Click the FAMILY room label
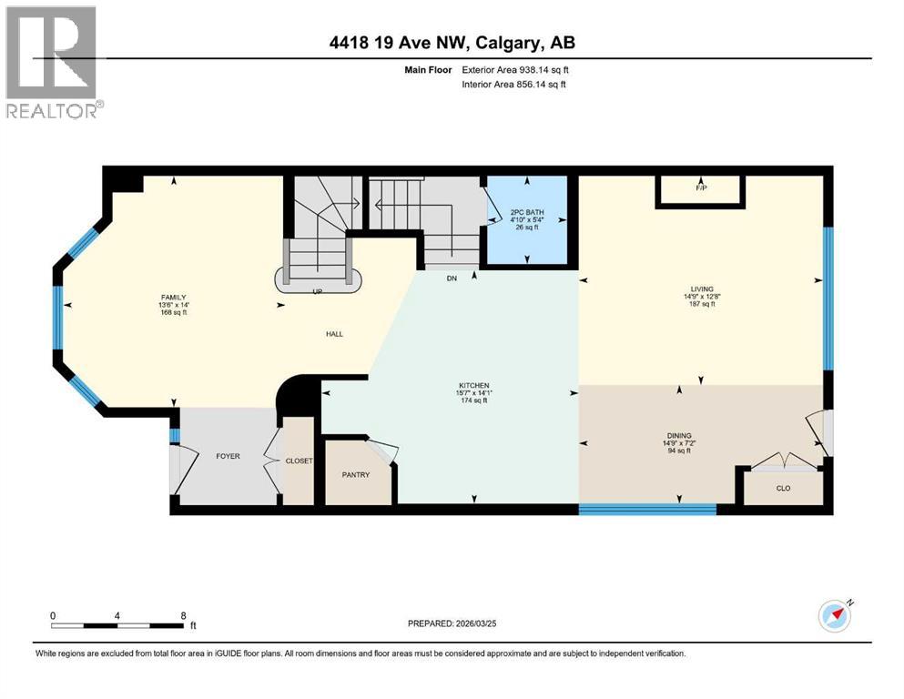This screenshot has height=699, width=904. [x=174, y=297]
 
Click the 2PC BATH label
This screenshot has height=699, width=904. [x=528, y=213]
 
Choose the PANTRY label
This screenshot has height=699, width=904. [x=355, y=474]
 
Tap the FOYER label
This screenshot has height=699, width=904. [x=228, y=456]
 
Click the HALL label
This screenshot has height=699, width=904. [x=334, y=334]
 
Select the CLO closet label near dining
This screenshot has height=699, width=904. [x=782, y=488]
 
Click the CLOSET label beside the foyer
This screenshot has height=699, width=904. [x=299, y=461]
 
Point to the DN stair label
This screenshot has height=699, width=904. [x=451, y=279]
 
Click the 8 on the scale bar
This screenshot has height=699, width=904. [x=184, y=615]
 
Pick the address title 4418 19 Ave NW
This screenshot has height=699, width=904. [x=452, y=42]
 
